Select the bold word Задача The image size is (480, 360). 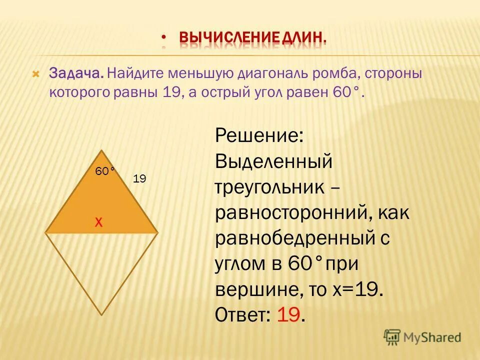[x=76, y=74]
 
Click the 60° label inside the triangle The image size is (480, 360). [x=105, y=171]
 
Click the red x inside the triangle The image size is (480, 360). [x=99, y=223]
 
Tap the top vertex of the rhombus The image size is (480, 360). [x=102, y=150]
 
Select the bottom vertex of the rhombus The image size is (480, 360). [x=102, y=314]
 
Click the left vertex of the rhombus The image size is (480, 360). [x=46, y=232]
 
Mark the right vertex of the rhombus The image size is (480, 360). [x=158, y=232]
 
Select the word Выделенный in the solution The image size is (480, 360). [x=274, y=162]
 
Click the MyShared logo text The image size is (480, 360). [x=432, y=337]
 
